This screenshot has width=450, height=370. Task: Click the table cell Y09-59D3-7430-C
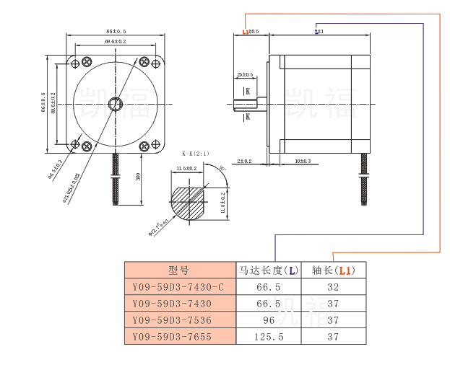click(x=179, y=286)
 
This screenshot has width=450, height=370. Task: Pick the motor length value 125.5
click(x=268, y=337)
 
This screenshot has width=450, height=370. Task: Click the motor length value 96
click(x=268, y=320)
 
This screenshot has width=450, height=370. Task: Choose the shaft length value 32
click(x=333, y=286)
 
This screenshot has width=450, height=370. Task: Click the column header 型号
click(x=178, y=270)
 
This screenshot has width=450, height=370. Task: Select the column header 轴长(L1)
click(x=333, y=270)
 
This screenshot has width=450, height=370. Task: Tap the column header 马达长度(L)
click(x=268, y=270)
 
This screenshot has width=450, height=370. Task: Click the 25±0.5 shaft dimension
click(x=245, y=75)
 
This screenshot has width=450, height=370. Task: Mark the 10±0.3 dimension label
click(x=303, y=161)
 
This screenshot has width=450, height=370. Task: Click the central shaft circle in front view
click(x=115, y=105)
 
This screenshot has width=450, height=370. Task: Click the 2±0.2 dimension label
click(x=244, y=161)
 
